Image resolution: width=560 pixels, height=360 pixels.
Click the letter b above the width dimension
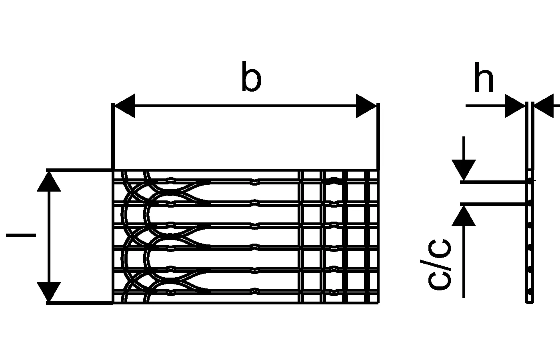pos(251,77)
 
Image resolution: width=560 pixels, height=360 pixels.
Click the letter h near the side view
pos(483,78)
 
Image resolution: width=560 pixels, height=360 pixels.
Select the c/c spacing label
pos(439,264)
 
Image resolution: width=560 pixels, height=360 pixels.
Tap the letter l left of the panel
pos(21,235)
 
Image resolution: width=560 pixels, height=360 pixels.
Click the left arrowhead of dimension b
pos(124,106)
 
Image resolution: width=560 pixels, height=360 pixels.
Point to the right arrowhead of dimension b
pos(366,106)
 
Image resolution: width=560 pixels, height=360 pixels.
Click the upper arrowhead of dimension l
pos(49,182)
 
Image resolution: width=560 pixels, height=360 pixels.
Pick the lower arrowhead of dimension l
pos(49,292)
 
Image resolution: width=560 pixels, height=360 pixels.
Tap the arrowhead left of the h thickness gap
pos(514,106)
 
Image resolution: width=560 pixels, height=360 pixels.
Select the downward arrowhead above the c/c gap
pos(464,170)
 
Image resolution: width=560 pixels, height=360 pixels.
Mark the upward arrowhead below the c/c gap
pos(464,216)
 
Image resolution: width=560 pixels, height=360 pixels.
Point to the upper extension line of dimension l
pos(80,170)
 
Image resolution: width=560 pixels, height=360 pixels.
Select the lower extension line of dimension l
pos(80,303)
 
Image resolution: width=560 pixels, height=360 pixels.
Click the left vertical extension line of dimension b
pos(113,136)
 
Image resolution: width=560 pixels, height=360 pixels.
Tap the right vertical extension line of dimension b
pos(378,136)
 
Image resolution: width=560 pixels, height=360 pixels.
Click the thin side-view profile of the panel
pos(529,240)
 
